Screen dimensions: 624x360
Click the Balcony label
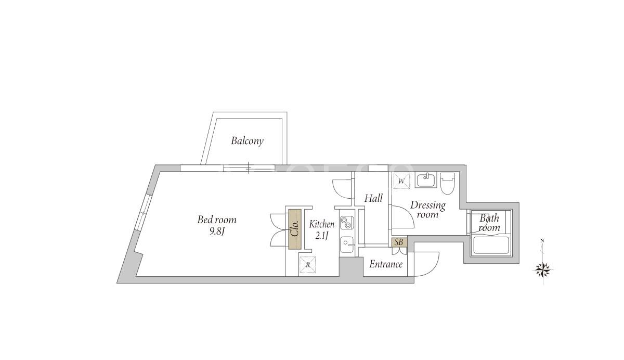click(247, 141)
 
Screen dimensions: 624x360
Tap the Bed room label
click(217, 220)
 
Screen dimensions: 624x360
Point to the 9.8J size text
click(217, 232)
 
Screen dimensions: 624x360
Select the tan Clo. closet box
click(295, 229)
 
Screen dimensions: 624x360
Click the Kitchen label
click(322, 224)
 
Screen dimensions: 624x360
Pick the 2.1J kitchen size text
click(322, 236)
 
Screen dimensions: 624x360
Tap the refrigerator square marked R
click(307, 264)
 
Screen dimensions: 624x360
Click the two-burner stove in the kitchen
click(347, 223)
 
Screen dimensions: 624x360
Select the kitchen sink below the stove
click(347, 245)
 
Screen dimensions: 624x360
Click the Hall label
click(373, 198)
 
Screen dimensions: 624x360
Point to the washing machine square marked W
click(401, 181)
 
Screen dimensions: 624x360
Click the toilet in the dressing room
click(447, 183)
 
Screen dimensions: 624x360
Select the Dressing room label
click(428, 210)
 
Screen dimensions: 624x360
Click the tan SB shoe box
click(399, 242)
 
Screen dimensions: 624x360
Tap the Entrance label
click(386, 264)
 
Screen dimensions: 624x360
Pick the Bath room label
click(489, 223)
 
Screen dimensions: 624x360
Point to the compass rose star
click(543, 269)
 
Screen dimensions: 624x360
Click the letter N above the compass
click(542, 240)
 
